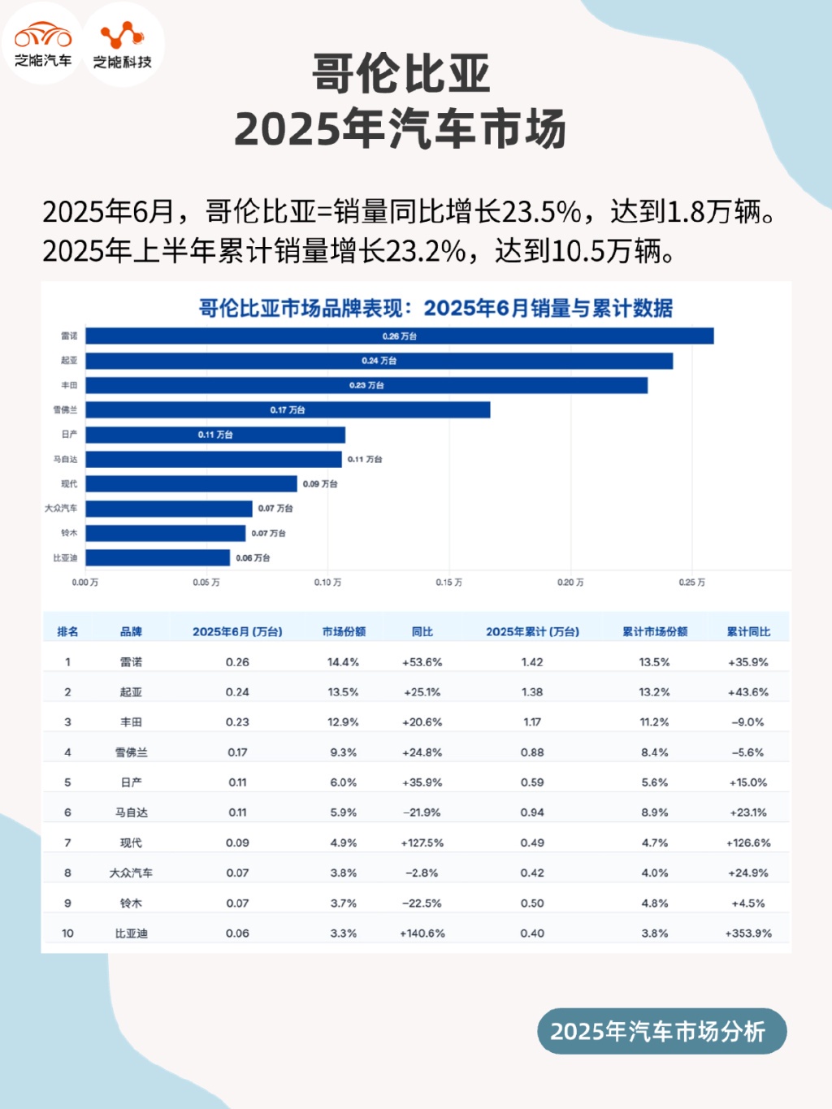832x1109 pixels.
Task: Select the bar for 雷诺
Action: click(x=399, y=336)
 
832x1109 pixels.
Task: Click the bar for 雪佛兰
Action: click(x=288, y=410)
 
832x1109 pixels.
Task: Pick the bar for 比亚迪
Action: click(x=158, y=558)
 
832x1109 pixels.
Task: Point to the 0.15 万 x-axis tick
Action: click(x=448, y=583)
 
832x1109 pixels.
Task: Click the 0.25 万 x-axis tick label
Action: click(x=691, y=583)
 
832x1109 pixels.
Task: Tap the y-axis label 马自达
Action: click(x=65, y=460)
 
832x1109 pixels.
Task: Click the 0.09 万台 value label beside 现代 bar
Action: click(x=320, y=484)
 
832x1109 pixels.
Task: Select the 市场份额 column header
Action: click(x=344, y=631)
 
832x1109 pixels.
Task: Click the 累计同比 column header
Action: click(x=748, y=631)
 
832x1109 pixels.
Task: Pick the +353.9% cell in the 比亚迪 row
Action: click(x=748, y=934)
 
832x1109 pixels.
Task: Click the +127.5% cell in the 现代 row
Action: click(x=422, y=843)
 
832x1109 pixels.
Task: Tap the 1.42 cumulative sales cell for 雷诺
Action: click(x=532, y=662)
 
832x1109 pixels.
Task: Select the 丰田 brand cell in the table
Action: click(x=131, y=722)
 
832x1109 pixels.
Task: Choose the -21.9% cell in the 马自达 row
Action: click(x=422, y=812)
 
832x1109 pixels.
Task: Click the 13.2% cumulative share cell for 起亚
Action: click(x=654, y=692)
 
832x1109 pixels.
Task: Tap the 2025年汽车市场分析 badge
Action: click(x=661, y=1031)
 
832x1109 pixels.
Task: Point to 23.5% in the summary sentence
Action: click(x=541, y=212)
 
